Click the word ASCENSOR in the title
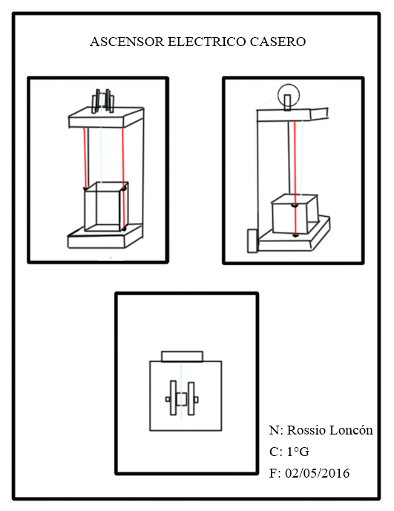pyautogui.click(x=127, y=42)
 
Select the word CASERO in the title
pyautogui.click(x=278, y=42)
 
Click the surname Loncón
pyautogui.click(x=352, y=430)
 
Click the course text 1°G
pyautogui.click(x=298, y=452)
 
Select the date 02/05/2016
pyautogui.click(x=317, y=473)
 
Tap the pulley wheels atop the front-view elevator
pyautogui.click(x=103, y=101)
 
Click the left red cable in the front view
pyautogui.click(x=85, y=157)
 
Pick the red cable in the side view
pyautogui.click(x=295, y=178)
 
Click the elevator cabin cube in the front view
pyautogui.click(x=106, y=206)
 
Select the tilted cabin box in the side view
pyautogui.click(x=295, y=214)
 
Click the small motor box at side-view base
pyautogui.click(x=253, y=241)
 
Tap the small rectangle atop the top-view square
pyautogui.click(x=182, y=357)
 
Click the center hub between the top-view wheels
pyautogui.click(x=182, y=399)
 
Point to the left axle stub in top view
pyautogui.click(x=168, y=400)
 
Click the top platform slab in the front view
pyautogui.click(x=106, y=117)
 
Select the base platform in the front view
pyautogui.click(x=105, y=236)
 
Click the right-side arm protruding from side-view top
pyautogui.click(x=319, y=114)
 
